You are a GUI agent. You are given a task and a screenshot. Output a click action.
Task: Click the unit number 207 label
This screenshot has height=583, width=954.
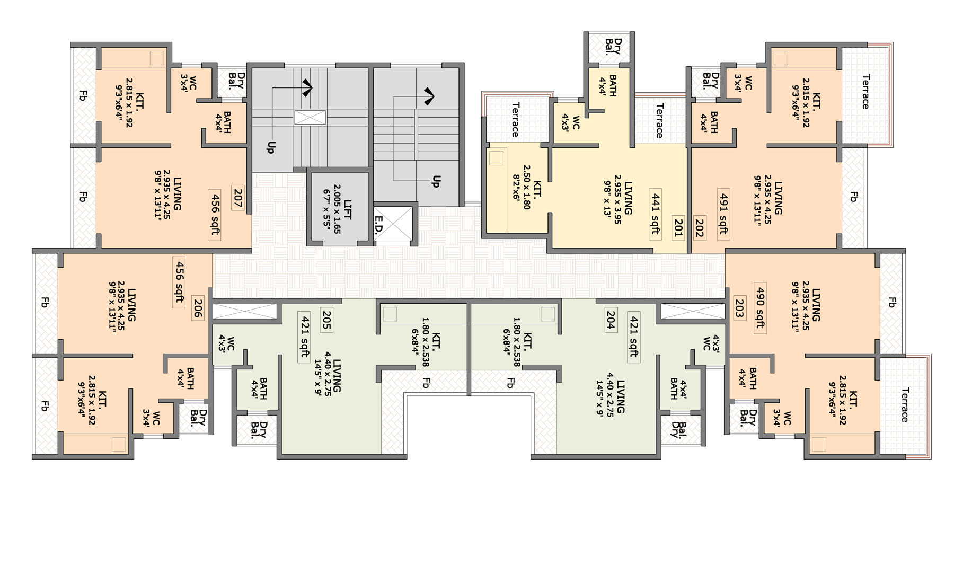pyautogui.click(x=237, y=198)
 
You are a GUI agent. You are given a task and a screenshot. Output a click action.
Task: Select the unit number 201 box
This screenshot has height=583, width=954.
pyautogui.click(x=678, y=226)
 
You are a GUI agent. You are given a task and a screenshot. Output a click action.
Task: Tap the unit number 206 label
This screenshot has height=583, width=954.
pyautogui.click(x=198, y=308)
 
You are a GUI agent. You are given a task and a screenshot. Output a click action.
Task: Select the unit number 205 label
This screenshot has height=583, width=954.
pyautogui.click(x=326, y=320)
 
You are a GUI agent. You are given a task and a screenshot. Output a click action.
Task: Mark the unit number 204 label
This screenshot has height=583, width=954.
pyautogui.click(x=611, y=320)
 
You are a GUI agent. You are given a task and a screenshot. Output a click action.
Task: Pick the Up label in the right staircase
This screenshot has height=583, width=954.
pyautogui.click(x=436, y=181)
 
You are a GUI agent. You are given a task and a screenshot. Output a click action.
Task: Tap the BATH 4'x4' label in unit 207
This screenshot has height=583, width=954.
pyautogui.click(x=223, y=122)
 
